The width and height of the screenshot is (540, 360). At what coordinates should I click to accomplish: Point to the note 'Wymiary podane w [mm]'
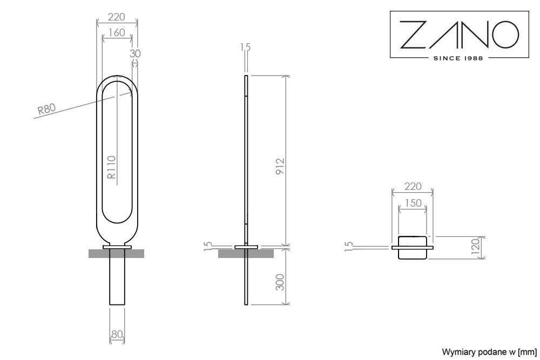(x=489, y=352)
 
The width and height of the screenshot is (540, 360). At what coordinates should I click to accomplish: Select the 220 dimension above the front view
(x=117, y=16)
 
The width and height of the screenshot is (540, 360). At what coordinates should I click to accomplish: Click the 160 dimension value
(x=116, y=33)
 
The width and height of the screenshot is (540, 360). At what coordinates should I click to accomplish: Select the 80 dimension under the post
(x=117, y=335)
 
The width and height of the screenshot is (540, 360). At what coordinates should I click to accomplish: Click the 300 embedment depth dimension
(x=280, y=282)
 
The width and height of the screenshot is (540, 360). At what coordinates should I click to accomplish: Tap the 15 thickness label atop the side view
(x=246, y=47)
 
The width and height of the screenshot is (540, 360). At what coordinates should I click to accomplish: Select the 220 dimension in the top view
(x=413, y=187)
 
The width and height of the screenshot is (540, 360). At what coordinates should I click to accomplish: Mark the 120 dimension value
(x=475, y=247)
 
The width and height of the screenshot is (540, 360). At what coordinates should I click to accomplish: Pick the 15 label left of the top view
(x=350, y=246)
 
